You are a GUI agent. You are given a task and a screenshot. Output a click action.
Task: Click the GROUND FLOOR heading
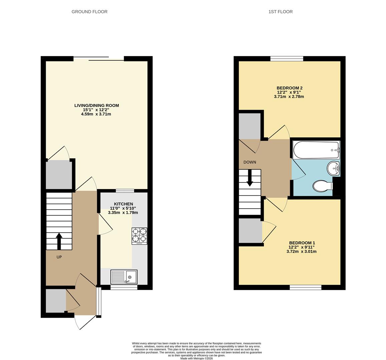pos(89,12)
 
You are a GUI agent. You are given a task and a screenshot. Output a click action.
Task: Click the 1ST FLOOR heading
pos(280,12)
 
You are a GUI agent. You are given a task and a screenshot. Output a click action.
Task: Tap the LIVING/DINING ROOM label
pos(96,105)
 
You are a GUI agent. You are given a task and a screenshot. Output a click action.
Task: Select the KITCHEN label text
pos(123,204)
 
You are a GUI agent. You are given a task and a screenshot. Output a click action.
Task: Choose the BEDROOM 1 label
pos(302,243)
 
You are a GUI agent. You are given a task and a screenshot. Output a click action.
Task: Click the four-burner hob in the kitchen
pos(139,236)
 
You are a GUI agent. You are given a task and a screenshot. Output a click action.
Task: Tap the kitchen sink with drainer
pos(124,277)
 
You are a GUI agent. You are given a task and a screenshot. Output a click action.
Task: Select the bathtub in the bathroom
pos(316,150)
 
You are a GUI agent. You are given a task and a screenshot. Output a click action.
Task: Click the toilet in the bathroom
pos(322,186)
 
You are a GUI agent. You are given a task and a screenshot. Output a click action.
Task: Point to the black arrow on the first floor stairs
pos(250,179)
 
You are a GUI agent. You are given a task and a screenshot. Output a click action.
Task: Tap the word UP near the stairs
pos(59,257)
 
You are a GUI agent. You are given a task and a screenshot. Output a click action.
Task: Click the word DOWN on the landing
pos(250,162)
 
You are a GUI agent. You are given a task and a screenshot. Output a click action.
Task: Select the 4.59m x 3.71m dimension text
pos(96,114)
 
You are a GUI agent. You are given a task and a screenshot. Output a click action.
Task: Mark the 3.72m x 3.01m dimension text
pos(302,251)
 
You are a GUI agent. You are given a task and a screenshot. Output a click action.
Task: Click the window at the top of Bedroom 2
pos(287,59)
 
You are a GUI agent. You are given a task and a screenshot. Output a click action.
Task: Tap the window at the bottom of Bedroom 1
pos(305,287)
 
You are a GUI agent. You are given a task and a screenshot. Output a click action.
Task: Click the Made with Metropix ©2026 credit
pos(197,358)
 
